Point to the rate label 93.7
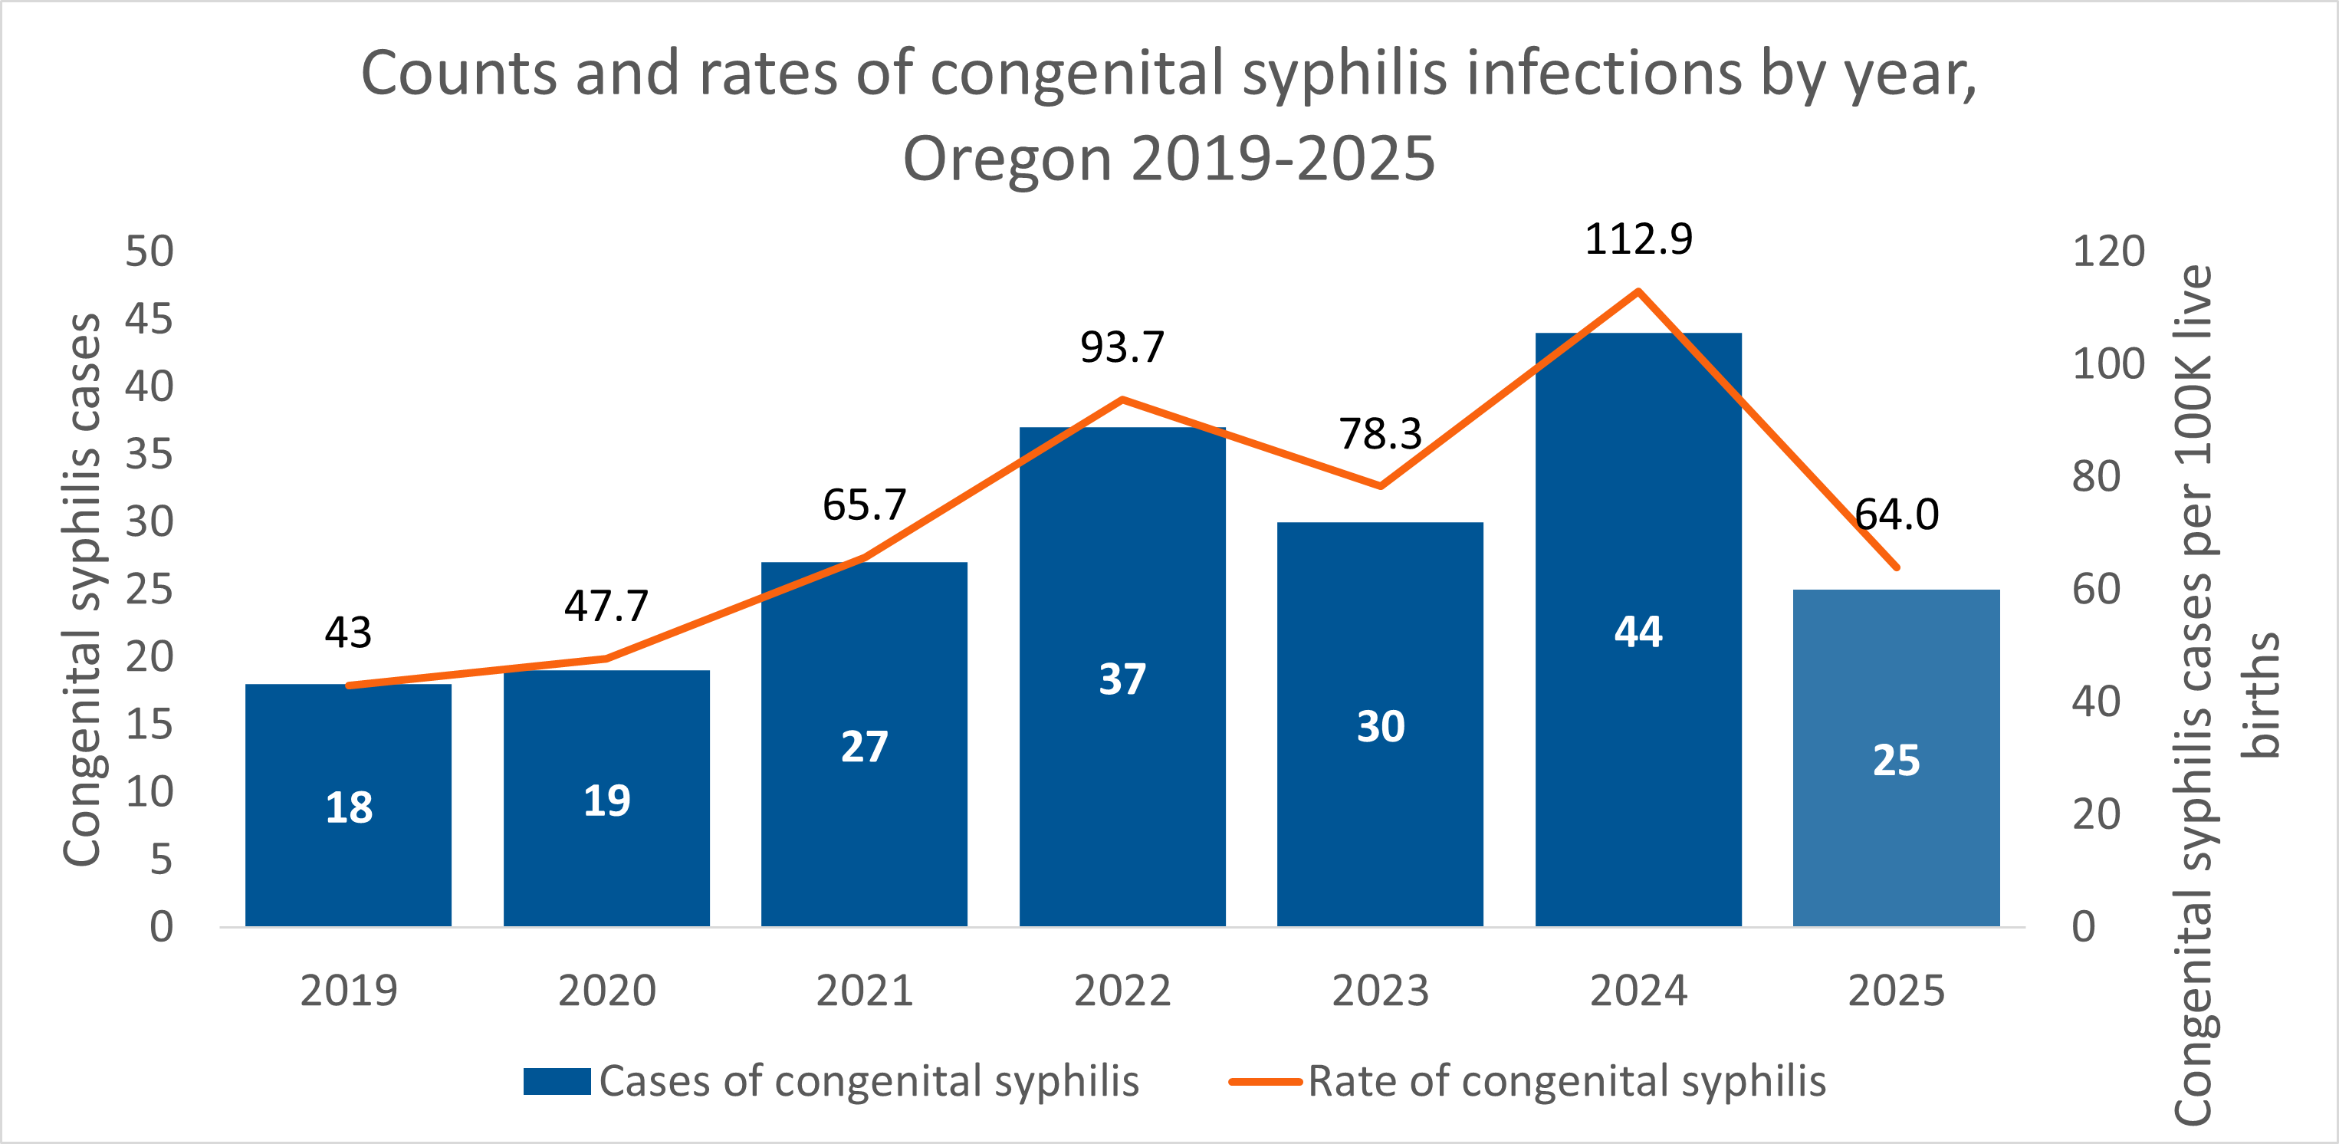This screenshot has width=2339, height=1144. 1122,347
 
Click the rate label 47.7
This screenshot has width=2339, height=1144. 606,606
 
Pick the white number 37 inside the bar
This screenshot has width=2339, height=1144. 1122,679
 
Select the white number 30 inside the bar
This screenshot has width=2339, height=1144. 1380,726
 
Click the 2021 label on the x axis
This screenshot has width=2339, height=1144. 865,991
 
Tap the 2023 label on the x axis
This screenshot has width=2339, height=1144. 1380,991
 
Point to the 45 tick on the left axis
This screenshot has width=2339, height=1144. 149,320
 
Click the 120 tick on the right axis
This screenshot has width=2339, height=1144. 2107,251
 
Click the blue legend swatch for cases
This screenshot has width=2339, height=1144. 557,1081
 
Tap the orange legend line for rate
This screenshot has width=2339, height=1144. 1265,1081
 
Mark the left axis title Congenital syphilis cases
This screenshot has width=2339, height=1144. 82,590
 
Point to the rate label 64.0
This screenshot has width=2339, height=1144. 1896,514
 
